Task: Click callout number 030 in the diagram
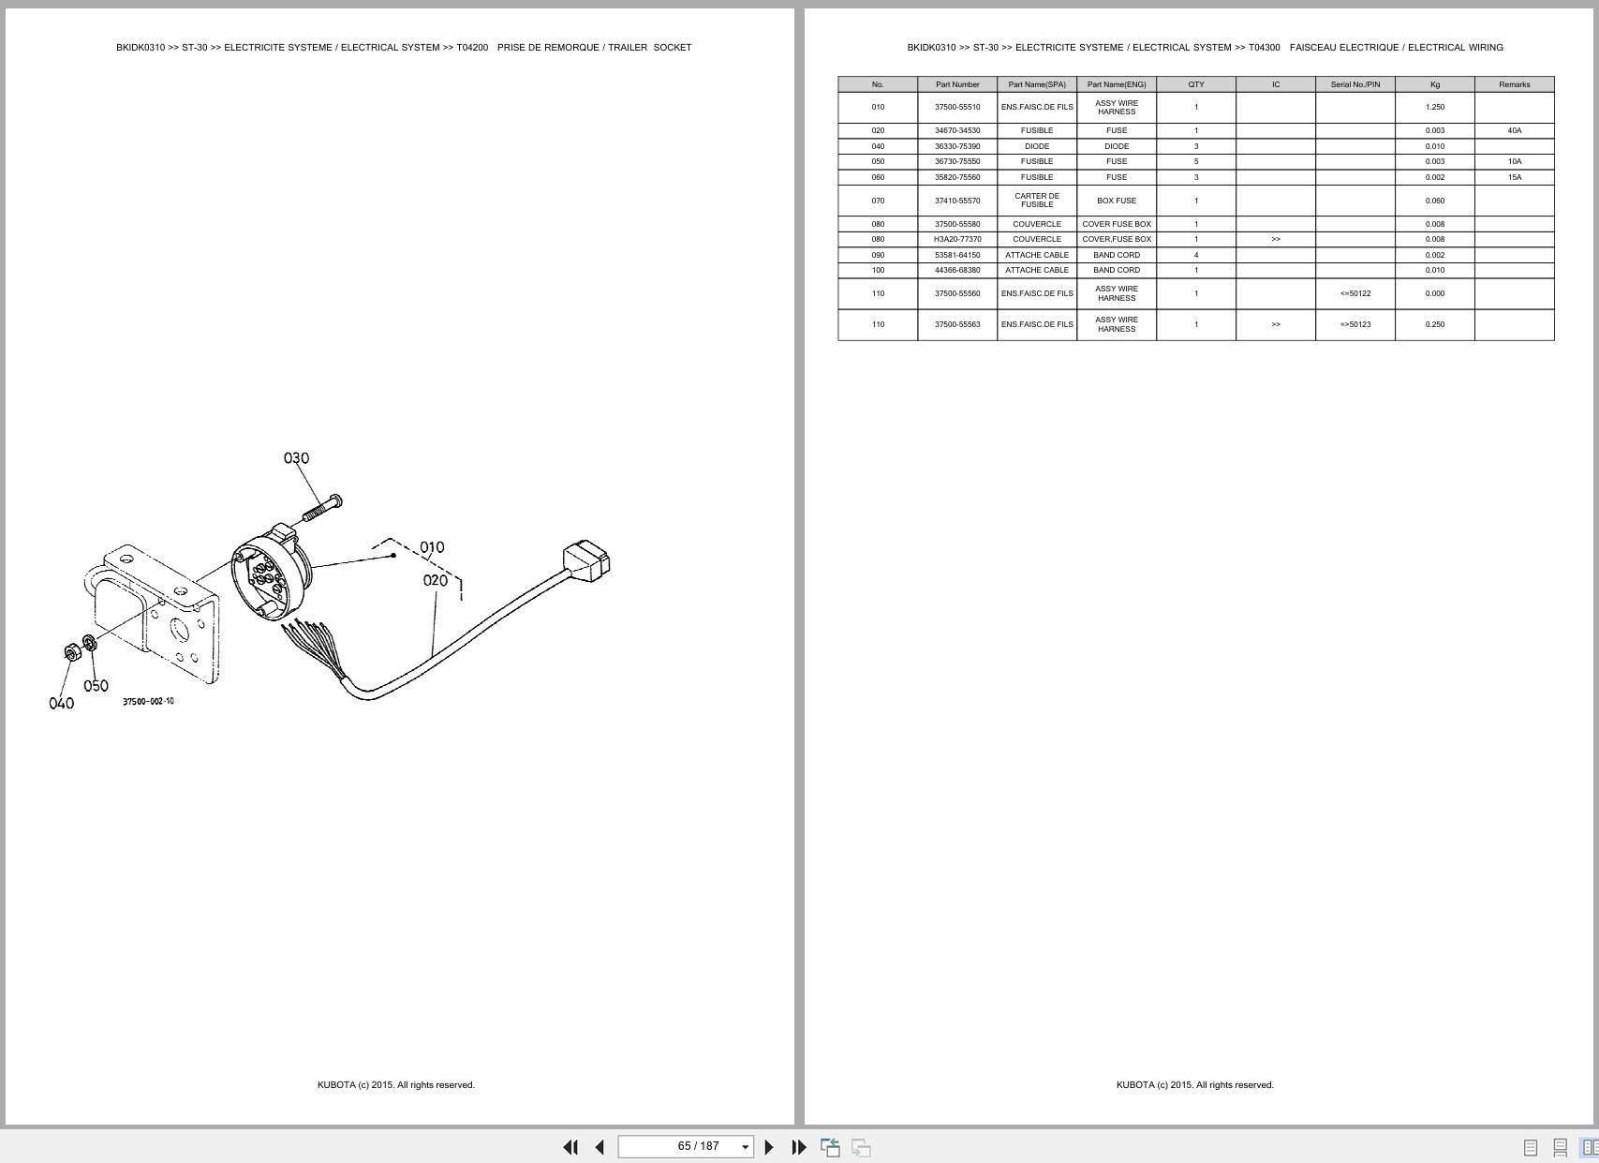(296, 458)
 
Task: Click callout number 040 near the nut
(61, 703)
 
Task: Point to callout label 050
(96, 686)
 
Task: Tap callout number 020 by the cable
(436, 580)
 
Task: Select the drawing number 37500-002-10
(148, 701)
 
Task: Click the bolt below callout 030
(322, 510)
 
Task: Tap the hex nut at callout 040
(72, 651)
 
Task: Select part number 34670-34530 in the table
(957, 130)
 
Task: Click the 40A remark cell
(1514, 130)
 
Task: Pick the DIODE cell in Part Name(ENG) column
(1117, 146)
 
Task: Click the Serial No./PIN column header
(1355, 84)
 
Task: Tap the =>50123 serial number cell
(1355, 324)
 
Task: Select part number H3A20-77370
(957, 239)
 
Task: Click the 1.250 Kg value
(1434, 107)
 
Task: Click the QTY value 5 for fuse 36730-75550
(1196, 161)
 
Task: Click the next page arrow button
(769, 1147)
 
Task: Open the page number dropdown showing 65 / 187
(745, 1147)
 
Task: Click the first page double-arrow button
(570, 1147)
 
